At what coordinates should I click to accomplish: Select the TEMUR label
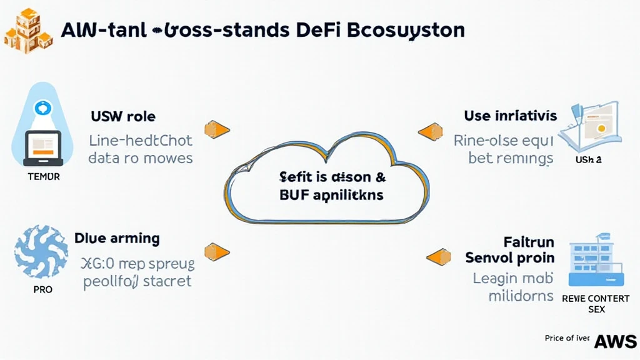point(44,177)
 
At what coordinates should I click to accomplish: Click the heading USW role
point(123,116)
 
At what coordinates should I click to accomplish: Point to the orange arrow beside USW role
point(217,130)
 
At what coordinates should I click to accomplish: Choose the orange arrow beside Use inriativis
point(429,131)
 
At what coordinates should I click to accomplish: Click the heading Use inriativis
point(510,116)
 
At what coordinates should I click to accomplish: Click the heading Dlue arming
point(116,238)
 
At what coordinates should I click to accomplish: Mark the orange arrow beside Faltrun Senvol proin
point(438,256)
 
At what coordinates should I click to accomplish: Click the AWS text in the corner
point(615,341)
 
